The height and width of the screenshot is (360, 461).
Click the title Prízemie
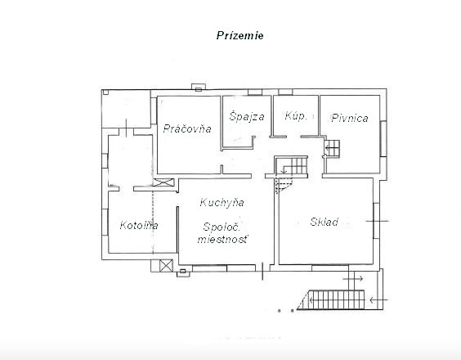(x=240, y=36)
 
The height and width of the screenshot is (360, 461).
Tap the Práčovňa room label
(x=187, y=128)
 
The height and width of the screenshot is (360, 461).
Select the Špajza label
(x=247, y=116)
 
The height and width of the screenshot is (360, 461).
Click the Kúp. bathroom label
(x=296, y=115)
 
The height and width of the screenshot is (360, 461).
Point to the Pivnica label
(x=350, y=118)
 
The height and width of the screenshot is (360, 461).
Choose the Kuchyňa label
(x=222, y=203)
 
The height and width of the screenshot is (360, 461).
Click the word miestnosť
(x=222, y=239)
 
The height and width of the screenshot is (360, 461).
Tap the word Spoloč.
(x=222, y=227)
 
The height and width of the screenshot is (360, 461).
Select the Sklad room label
(x=324, y=222)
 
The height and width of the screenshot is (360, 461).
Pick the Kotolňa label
(x=139, y=226)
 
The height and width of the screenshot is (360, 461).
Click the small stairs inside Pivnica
(x=332, y=148)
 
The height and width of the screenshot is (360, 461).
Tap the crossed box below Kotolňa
(x=166, y=266)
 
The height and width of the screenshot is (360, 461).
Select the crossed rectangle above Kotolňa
(x=163, y=182)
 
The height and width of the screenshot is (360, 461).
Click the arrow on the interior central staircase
(x=284, y=170)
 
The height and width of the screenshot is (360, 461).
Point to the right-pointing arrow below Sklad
(x=353, y=278)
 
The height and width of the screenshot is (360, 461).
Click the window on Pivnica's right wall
(x=383, y=138)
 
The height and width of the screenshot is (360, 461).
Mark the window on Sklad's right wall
(x=376, y=220)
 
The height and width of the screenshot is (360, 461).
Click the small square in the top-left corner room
(x=105, y=92)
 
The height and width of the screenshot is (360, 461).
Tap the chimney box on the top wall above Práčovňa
(x=199, y=87)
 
